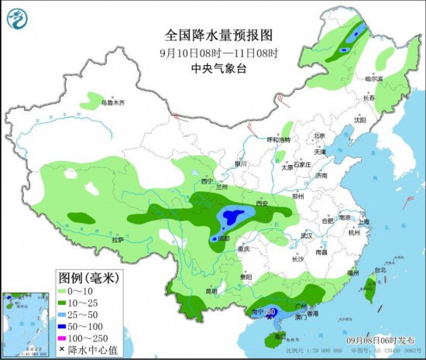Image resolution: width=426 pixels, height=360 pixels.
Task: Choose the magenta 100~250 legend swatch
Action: [x=65, y=339]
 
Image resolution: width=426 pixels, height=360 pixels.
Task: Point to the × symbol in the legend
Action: [x=65, y=351]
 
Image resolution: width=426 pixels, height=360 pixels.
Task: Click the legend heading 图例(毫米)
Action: [x=87, y=276]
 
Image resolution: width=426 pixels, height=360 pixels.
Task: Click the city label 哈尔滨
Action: [x=374, y=79]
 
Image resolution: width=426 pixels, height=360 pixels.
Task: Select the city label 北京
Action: [x=318, y=136]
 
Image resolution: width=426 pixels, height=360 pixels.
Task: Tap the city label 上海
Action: [x=363, y=222]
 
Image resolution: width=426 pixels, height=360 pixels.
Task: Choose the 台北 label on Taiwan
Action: [x=379, y=271]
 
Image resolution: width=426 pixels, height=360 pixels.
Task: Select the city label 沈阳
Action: [x=359, y=120]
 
